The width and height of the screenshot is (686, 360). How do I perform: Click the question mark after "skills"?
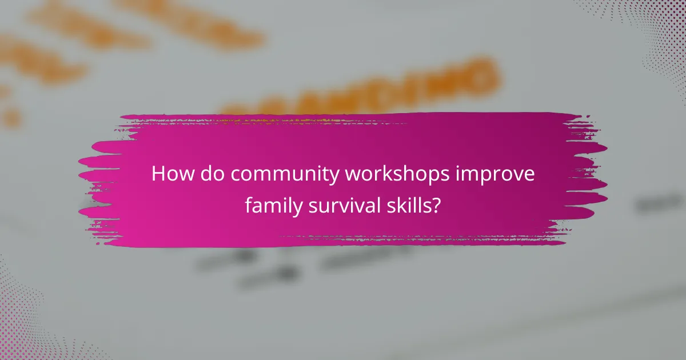coord(437,205)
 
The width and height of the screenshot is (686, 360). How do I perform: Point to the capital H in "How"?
coord(158,174)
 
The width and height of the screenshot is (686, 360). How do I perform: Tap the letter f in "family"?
coord(248,205)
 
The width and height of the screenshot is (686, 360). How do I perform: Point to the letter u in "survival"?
coord(319,206)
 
